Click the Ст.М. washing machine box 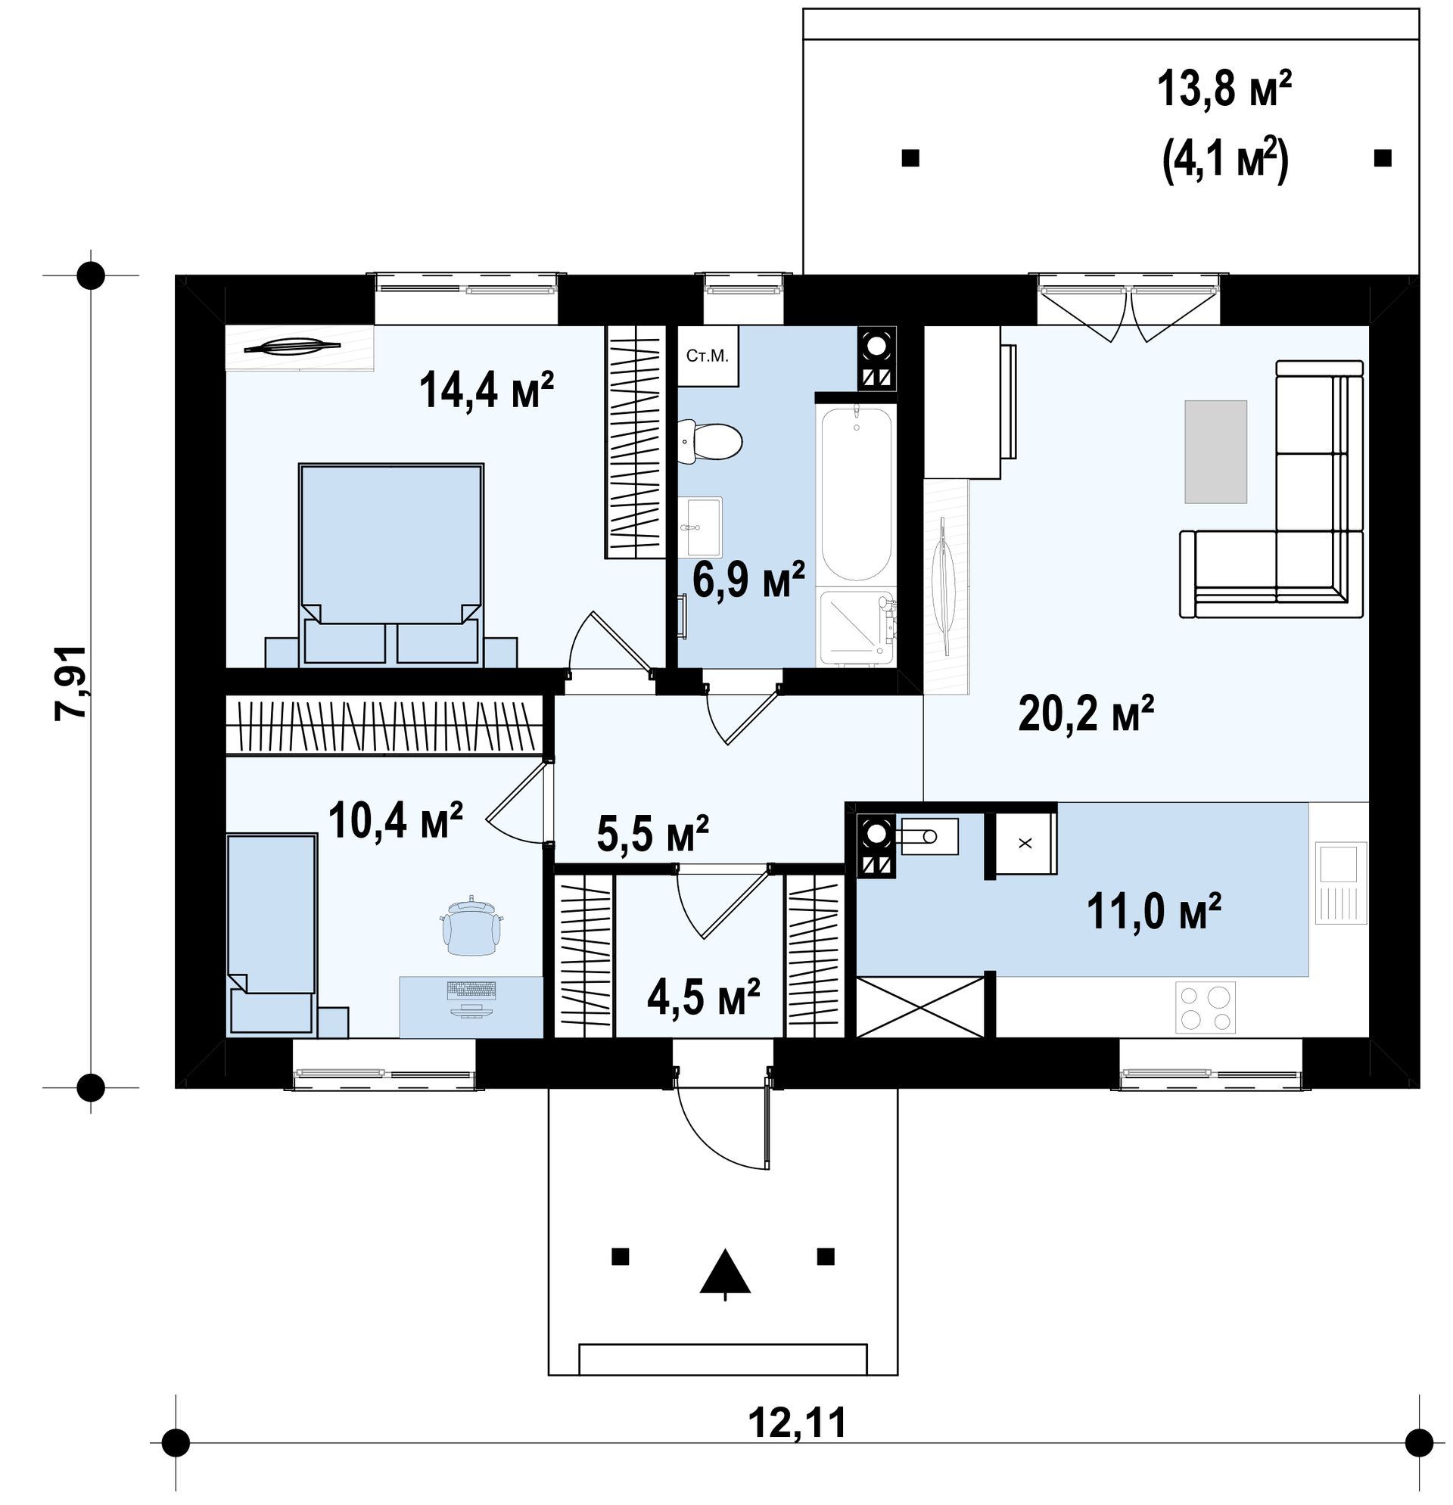click(x=708, y=356)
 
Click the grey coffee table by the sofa click(x=1215, y=452)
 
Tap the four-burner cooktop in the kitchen click(x=1206, y=1007)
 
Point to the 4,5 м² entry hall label click(x=704, y=997)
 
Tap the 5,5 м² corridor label click(x=652, y=834)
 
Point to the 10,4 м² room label click(x=395, y=820)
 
